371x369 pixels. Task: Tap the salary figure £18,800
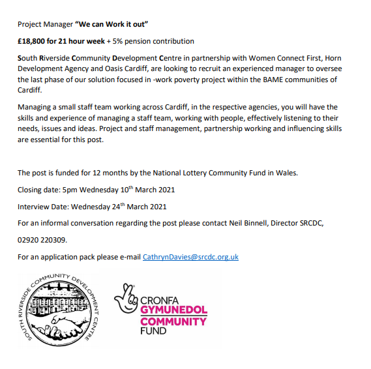pyautogui.click(x=33, y=41)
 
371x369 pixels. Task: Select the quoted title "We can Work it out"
pyautogui.click(x=113, y=24)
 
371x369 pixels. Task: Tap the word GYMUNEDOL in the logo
pyautogui.click(x=173, y=310)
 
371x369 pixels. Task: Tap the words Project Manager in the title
pyautogui.click(x=45, y=24)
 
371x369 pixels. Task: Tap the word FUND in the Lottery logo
pyautogui.click(x=153, y=331)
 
